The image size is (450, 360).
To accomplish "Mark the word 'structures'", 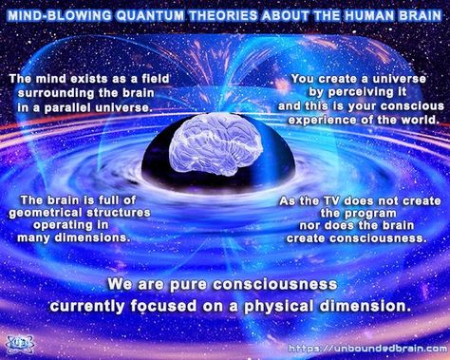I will [135, 214].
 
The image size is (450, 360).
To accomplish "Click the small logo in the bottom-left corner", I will [19, 344].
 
